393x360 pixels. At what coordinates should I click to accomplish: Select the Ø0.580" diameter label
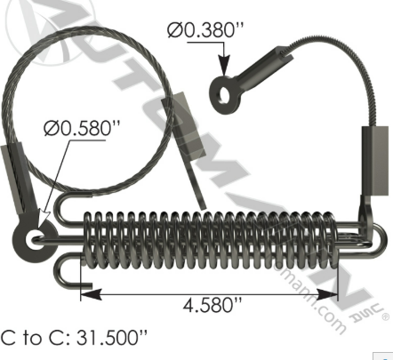pos(82,129)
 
